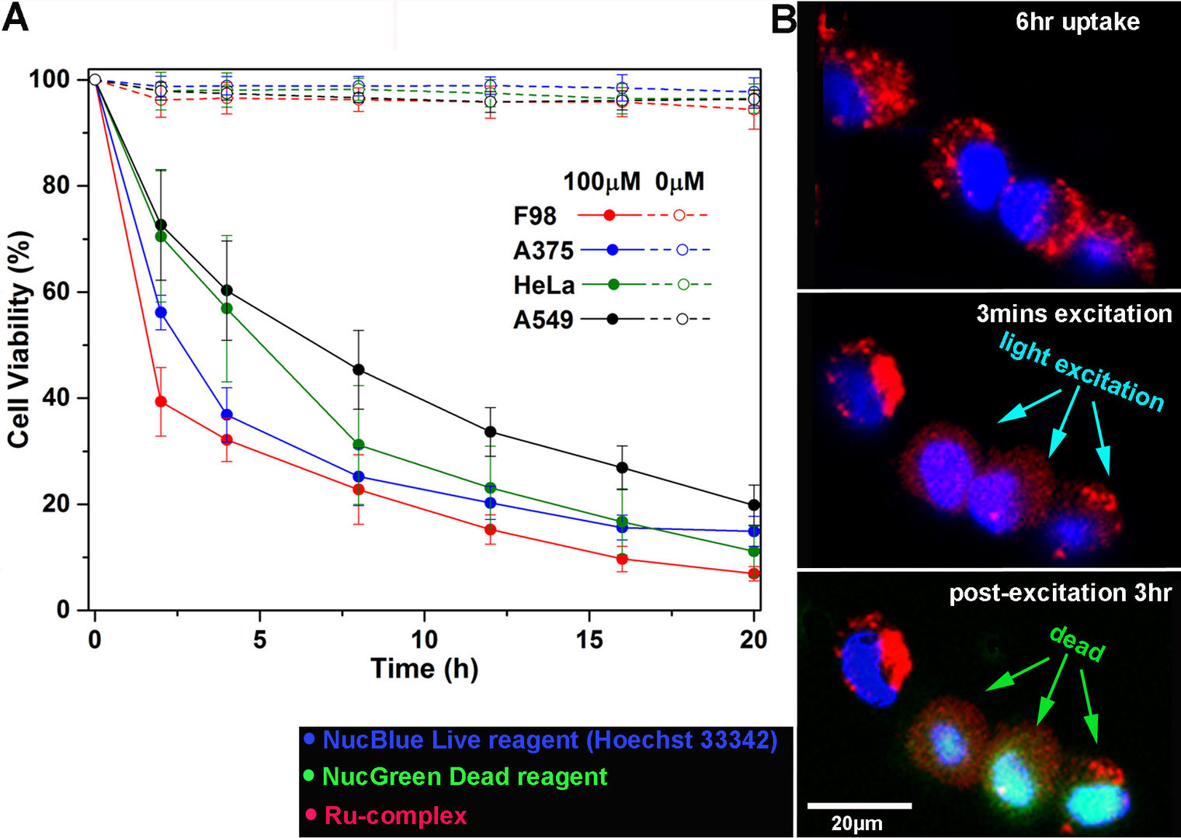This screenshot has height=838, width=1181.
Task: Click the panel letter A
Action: (16, 17)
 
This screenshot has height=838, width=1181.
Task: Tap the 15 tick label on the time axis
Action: (589, 639)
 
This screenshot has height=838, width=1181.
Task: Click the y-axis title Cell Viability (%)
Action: (19, 340)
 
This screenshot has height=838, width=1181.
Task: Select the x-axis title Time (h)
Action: (424, 669)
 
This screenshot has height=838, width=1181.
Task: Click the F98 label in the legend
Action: (535, 216)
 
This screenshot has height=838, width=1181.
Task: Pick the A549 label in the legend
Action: (543, 320)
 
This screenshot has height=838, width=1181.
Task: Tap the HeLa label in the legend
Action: (544, 286)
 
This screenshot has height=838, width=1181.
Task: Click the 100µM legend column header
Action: (602, 182)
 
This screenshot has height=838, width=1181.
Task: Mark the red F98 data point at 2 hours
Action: (161, 401)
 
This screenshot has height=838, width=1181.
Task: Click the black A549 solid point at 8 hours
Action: (358, 369)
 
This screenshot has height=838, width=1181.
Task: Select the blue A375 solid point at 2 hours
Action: (161, 313)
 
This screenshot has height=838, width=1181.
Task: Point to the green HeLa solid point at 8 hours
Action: (358, 445)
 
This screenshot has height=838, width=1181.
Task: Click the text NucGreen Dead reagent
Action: (464, 777)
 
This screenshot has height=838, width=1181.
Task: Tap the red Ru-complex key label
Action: (395, 815)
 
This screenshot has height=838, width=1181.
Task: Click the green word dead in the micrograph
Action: (1077, 644)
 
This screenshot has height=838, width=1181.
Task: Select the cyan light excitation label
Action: (1082, 371)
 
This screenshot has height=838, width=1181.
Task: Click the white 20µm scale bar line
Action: (859, 805)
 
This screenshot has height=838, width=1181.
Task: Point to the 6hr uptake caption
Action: (1077, 22)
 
